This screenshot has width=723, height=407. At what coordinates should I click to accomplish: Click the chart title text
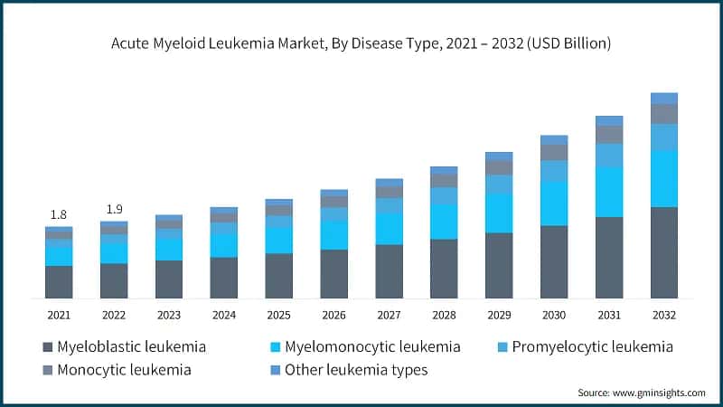coord(361,42)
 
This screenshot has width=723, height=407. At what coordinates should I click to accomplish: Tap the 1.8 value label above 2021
coord(59,214)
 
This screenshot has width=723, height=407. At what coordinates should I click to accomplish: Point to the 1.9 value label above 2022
coord(114,209)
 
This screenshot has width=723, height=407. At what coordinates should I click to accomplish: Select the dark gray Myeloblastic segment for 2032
coord(664,252)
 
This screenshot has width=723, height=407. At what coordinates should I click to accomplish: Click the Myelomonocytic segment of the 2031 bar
coord(609,192)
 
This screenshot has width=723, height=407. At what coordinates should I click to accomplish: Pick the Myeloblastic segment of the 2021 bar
coord(59,281)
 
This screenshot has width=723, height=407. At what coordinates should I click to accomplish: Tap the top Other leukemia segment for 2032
coord(664,98)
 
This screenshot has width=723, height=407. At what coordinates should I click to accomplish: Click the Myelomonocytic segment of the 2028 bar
coord(444,221)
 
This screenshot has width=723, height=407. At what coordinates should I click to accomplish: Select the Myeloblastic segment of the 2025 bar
coord(278,276)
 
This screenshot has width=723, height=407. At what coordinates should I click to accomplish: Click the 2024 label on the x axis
coord(223,315)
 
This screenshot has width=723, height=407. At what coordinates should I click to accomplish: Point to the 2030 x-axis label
coord(554,315)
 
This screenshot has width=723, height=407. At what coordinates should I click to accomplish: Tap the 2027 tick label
coord(389,315)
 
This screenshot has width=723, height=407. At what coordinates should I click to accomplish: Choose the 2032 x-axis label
coord(664,315)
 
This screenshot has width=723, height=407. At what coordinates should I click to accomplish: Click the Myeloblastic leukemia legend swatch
coord(47,347)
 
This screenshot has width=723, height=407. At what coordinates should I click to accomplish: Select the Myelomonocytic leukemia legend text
coord(372,346)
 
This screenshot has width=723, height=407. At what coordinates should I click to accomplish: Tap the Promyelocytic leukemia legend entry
coord(592,346)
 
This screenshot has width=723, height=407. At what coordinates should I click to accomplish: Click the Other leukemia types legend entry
coord(356,370)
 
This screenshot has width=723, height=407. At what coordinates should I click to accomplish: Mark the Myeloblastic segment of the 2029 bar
coord(499,265)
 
